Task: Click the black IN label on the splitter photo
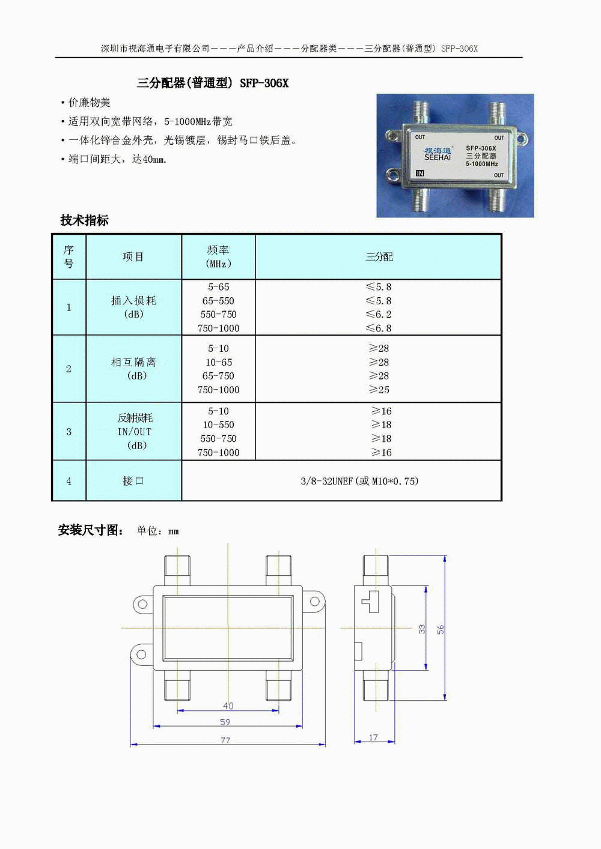420,173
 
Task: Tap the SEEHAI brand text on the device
438,157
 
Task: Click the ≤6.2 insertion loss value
379,314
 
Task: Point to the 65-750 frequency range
218,376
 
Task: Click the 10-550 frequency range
218,425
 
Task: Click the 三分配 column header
379,257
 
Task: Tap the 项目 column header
133,256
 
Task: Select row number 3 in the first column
69,432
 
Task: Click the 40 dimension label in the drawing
228,705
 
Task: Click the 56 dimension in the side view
440,630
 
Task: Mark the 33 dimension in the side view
421,629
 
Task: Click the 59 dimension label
225,722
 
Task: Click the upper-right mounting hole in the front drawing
314,601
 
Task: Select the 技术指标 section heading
84,220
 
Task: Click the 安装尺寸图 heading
91,530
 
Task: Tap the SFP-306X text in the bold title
264,83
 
